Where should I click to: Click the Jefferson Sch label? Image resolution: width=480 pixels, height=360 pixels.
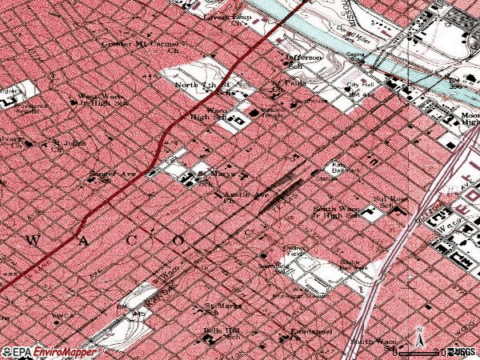point(304,62)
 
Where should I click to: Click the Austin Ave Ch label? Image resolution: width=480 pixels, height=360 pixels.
point(245,197)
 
